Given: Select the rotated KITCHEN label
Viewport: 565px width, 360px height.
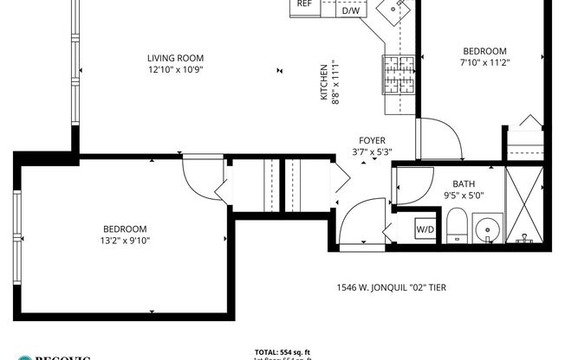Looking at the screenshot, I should tap(325, 82).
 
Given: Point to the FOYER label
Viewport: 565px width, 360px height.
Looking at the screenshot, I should tap(373, 140).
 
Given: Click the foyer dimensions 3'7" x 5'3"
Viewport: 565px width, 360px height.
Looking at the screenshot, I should tap(373, 152).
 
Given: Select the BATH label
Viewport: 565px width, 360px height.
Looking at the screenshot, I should tap(464, 183).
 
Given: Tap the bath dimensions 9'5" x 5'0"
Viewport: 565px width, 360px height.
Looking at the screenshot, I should tap(464, 196).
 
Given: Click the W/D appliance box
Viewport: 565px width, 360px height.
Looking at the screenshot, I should tap(425, 230).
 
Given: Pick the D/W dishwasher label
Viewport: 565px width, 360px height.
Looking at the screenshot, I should tap(351, 10).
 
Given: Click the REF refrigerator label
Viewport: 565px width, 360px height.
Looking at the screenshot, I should tap(304, 4).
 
